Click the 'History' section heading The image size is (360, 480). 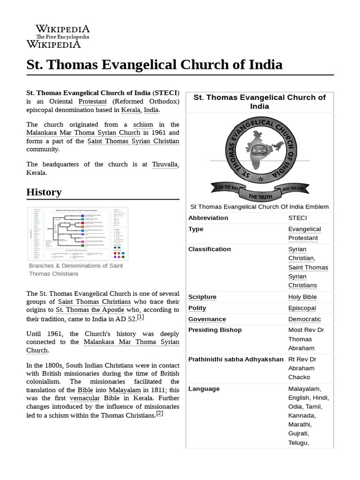44,192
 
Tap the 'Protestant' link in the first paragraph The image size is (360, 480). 92,101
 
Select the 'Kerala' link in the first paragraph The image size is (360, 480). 130,110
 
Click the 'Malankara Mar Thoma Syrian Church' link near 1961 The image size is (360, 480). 83,133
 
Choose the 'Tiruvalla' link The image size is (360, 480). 165,164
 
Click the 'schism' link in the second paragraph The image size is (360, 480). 143,124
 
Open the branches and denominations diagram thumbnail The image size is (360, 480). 78,233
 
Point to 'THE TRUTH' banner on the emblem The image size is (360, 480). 261,196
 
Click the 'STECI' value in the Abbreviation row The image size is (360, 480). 298,218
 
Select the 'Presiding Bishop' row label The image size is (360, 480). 215,330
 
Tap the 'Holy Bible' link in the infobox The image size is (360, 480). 302,297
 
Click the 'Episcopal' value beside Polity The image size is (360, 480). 302,308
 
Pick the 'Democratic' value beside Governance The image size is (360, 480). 305,319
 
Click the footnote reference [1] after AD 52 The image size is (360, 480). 140,317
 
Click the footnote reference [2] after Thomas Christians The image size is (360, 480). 159,413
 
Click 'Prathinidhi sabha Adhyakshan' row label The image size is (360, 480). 236,360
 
